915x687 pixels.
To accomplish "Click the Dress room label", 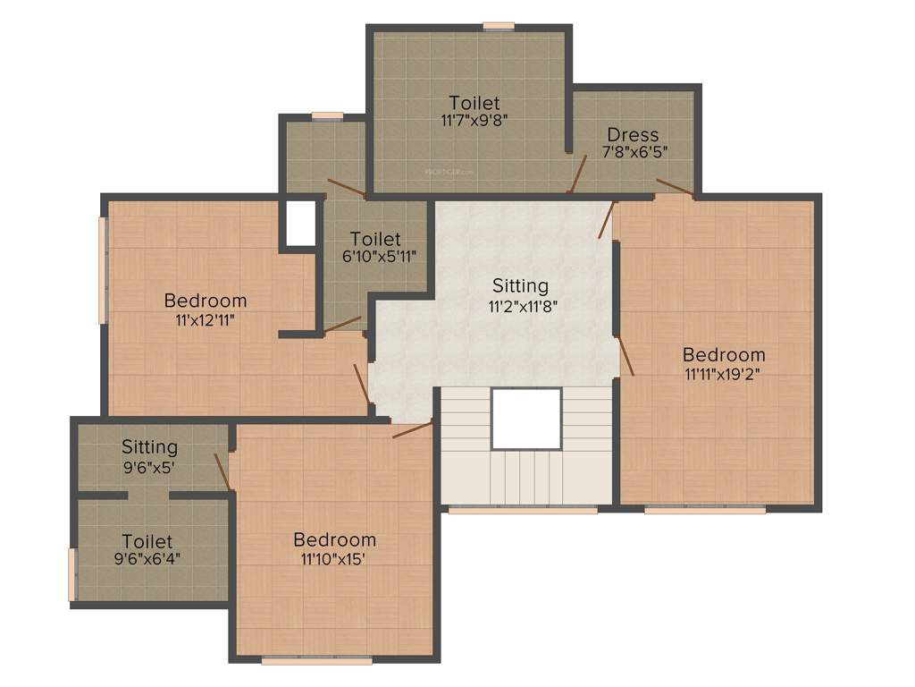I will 633,135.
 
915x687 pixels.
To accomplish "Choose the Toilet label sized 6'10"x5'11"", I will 375,239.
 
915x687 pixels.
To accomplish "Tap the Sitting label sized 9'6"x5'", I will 149,446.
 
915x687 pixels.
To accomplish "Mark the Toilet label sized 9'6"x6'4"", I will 147,541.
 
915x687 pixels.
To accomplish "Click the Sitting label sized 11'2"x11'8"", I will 520,286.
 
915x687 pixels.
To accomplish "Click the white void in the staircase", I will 526,418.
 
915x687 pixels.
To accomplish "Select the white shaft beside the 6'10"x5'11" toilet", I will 300,223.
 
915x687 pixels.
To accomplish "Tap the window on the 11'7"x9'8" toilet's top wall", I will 499,26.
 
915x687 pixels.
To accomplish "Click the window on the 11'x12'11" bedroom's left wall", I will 103,269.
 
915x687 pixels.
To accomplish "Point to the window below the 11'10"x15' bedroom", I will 316,661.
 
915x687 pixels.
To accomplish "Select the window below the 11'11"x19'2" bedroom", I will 705,510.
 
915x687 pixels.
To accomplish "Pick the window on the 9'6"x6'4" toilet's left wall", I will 72,574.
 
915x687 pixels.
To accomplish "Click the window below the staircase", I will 523,510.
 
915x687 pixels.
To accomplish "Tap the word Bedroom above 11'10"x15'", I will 334,539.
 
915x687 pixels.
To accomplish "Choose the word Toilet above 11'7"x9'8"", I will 474,102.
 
